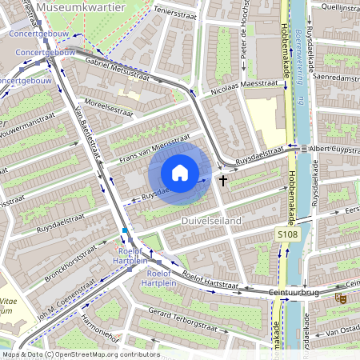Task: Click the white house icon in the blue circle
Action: tap(180, 172)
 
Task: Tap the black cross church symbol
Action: tap(222, 181)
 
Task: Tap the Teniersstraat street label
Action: tap(175, 11)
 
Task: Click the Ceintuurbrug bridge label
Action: tap(294, 293)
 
